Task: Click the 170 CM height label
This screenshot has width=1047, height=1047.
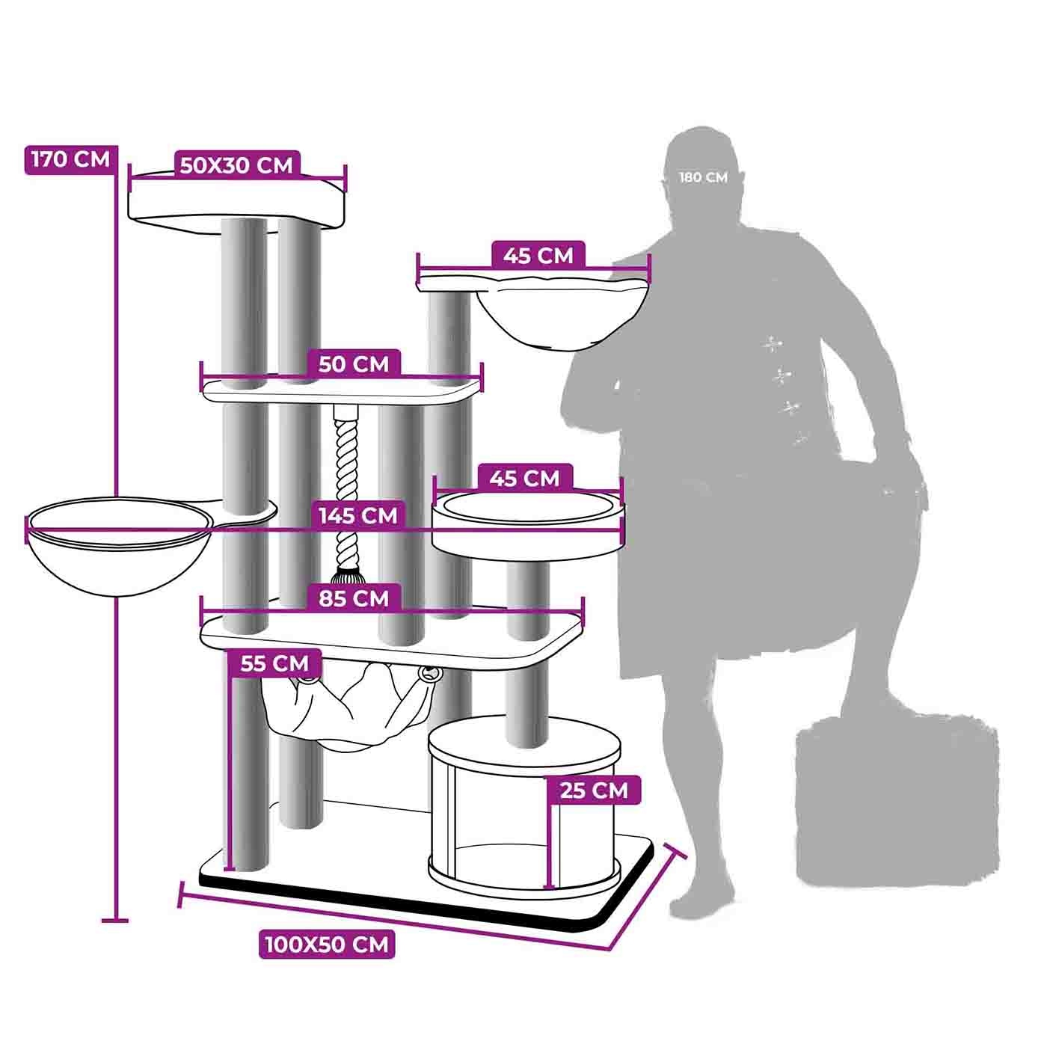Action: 71,160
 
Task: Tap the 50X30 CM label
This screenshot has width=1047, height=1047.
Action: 236,165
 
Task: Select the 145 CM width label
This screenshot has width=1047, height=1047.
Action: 358,515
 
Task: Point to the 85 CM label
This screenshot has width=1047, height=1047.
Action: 354,598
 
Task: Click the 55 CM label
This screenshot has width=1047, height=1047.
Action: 275,663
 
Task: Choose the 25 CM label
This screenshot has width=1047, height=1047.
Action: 594,790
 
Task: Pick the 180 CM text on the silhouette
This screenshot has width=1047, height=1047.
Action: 703,177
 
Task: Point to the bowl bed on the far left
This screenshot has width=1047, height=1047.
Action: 120,546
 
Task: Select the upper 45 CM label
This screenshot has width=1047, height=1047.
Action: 538,255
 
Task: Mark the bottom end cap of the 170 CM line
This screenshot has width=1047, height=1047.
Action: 114,921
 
